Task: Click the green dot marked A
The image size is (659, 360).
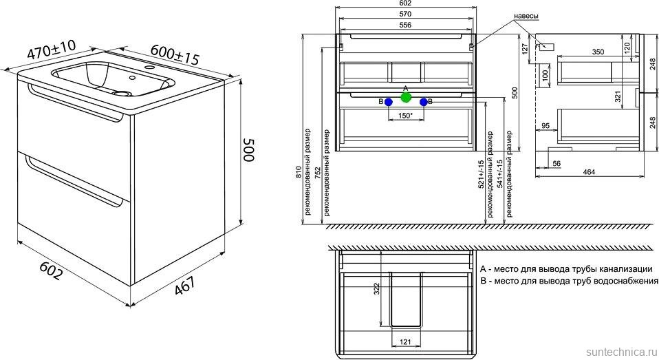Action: tap(406, 98)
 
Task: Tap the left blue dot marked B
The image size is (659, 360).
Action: tap(389, 102)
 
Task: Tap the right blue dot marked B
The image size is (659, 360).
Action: tap(424, 102)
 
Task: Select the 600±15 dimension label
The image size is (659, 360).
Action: tap(175, 54)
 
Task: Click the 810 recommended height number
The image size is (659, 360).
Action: tap(299, 173)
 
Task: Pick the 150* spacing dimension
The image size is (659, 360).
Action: tap(405, 115)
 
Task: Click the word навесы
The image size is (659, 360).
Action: tap(526, 16)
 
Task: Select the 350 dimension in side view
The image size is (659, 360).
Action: tap(598, 52)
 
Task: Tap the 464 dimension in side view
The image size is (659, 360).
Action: tap(589, 171)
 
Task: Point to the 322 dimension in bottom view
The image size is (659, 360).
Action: tap(376, 288)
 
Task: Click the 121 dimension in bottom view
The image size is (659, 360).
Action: tap(405, 342)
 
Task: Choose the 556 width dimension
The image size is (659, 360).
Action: tap(405, 25)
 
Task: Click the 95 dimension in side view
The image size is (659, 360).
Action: tap(545, 126)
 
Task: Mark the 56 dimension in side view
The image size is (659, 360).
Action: tap(557, 163)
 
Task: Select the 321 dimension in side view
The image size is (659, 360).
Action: tap(629, 97)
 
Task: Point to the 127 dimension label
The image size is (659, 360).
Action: tap(524, 49)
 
